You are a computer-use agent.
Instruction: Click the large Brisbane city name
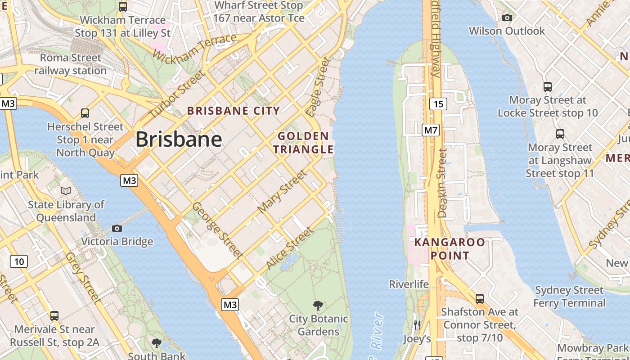179,139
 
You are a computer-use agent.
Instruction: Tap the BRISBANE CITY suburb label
234,111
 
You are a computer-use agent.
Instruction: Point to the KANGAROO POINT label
450,249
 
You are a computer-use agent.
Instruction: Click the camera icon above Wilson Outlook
507,18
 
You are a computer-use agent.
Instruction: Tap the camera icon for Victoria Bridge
117,228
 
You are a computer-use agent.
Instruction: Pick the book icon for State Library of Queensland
66,191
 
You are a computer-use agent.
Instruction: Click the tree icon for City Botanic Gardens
318,306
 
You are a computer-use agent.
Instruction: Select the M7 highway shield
431,130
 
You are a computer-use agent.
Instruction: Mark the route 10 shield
19,261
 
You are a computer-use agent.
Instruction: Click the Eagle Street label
318,87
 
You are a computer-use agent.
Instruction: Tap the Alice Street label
289,249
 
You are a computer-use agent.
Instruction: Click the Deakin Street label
442,184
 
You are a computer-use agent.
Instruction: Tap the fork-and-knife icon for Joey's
417,325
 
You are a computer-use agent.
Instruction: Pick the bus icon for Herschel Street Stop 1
85,113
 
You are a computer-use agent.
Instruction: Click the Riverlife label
409,284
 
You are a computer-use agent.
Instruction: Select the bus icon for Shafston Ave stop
480,298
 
